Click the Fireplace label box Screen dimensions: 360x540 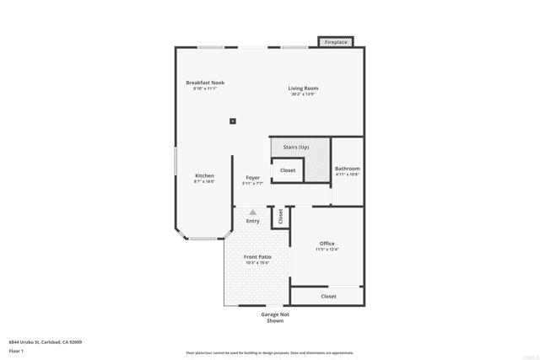tap(336, 42)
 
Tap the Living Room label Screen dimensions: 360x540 tap(303, 88)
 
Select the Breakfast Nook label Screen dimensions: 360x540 tap(205, 83)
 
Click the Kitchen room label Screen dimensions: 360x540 tap(204, 175)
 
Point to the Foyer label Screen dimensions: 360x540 tap(252, 178)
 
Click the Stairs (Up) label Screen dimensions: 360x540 tap(296, 148)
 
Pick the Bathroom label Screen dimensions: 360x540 tap(347, 169)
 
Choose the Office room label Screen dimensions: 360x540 tap(327, 244)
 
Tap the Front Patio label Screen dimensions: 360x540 tap(257, 256)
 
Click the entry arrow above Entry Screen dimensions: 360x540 tap(251, 212)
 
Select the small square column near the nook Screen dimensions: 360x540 tap(232, 121)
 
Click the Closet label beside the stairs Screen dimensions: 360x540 tap(288, 170)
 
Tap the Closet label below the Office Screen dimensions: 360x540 tap(328, 296)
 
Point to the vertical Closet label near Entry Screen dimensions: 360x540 tap(280, 217)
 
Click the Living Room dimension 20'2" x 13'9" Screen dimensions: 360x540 tap(302, 94)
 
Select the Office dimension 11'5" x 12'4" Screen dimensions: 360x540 tap(327, 250)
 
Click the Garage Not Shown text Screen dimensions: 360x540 tap(275, 317)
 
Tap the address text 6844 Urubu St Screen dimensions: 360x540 tap(45, 342)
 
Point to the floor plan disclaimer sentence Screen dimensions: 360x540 tap(270, 353)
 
